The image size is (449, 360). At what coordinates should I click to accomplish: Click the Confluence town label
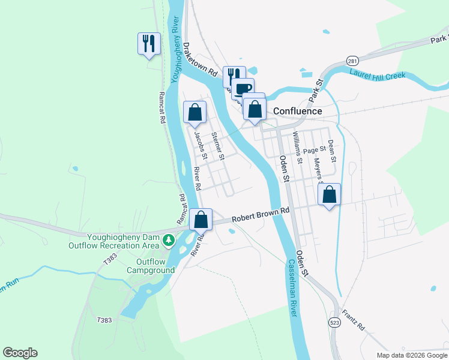[x=297, y=111]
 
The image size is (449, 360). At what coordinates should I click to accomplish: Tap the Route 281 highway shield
[x=352, y=61]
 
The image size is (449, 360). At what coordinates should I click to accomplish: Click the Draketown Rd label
[x=200, y=58]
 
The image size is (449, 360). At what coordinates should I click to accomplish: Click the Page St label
[x=314, y=149]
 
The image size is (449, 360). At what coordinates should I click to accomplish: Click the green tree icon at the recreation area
[x=169, y=240]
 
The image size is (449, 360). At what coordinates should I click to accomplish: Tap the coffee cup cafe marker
[x=243, y=89]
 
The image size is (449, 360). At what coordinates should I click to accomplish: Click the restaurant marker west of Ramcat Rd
[x=149, y=44]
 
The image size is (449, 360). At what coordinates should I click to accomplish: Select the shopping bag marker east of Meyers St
[x=329, y=194]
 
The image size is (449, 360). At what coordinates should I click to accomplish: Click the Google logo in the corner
[x=20, y=353]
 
